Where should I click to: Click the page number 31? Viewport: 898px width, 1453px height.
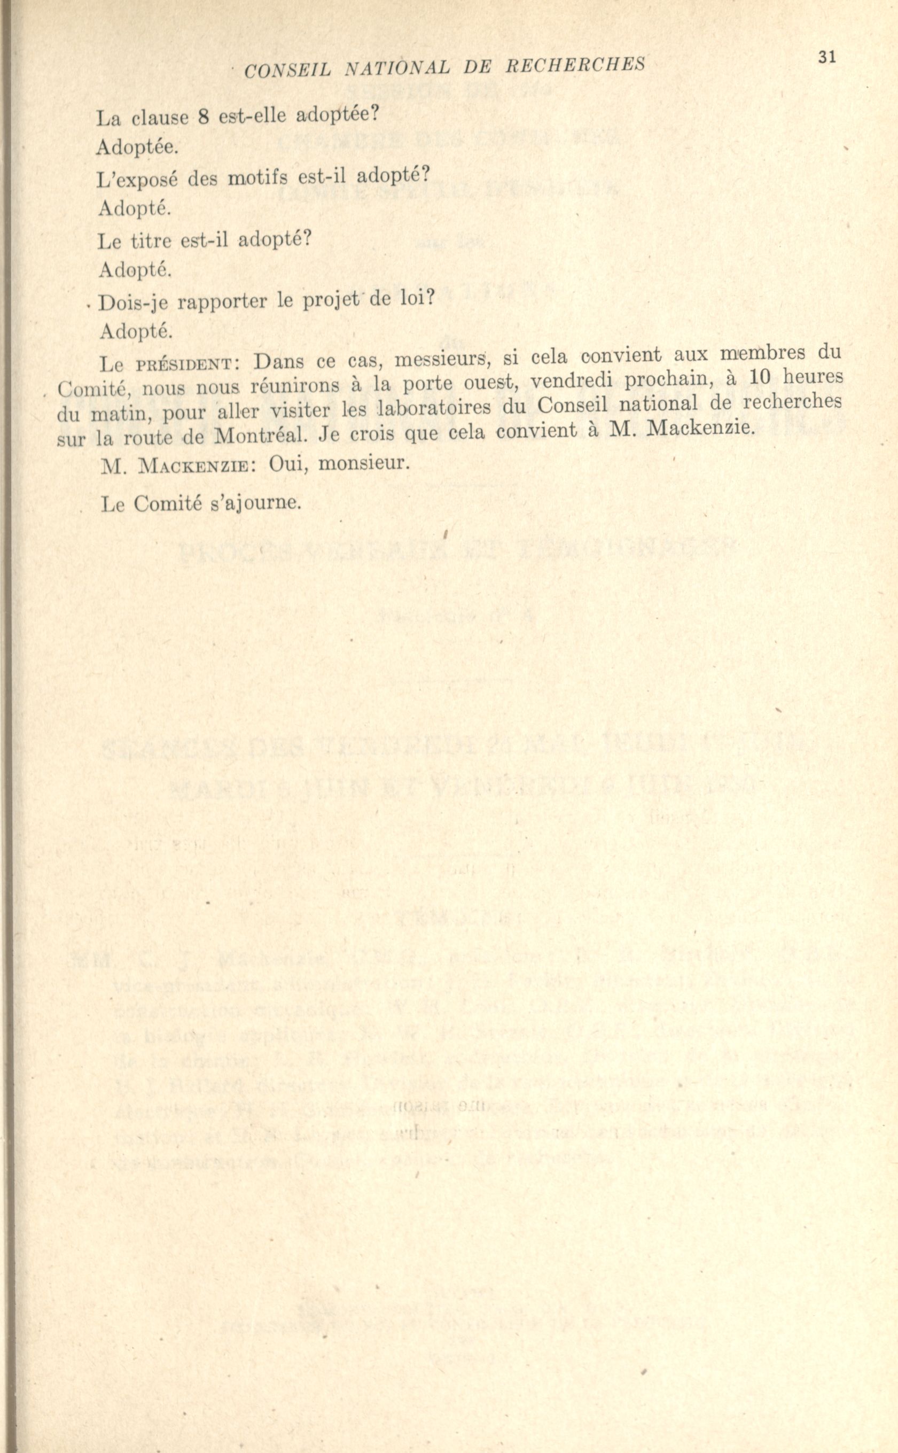click(x=827, y=57)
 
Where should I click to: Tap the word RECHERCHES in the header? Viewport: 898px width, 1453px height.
click(x=575, y=64)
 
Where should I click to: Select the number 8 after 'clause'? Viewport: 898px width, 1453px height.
click(x=202, y=117)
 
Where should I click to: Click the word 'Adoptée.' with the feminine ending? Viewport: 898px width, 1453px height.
click(x=137, y=147)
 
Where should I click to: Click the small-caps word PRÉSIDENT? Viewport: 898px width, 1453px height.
click(x=186, y=363)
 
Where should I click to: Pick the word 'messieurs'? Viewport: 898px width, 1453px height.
click(x=441, y=359)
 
